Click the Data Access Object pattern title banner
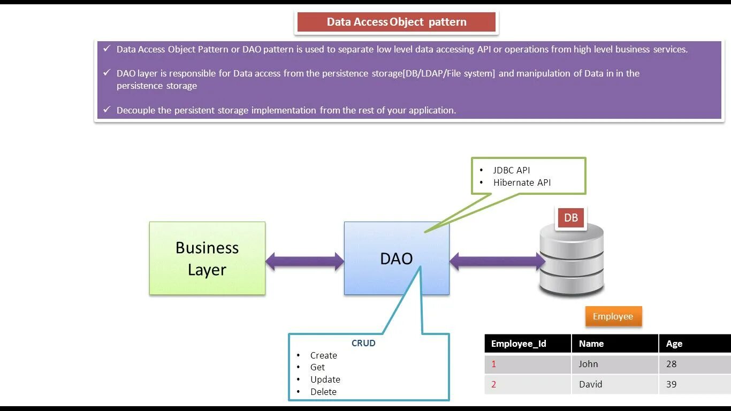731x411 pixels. click(397, 22)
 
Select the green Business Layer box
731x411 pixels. click(207, 258)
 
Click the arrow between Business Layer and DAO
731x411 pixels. click(304, 261)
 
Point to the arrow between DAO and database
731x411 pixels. click(497, 261)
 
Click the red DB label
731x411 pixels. click(571, 218)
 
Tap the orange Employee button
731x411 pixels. click(613, 316)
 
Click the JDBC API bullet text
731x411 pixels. click(511, 170)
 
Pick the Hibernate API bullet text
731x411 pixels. click(522, 182)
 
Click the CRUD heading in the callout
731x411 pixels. click(363, 343)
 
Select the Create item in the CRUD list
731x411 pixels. click(323, 355)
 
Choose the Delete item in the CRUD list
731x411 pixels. click(323, 392)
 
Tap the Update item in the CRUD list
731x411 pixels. click(325, 379)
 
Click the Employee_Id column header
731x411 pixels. click(519, 344)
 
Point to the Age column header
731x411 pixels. click(674, 344)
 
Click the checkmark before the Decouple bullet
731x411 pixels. click(106, 110)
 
